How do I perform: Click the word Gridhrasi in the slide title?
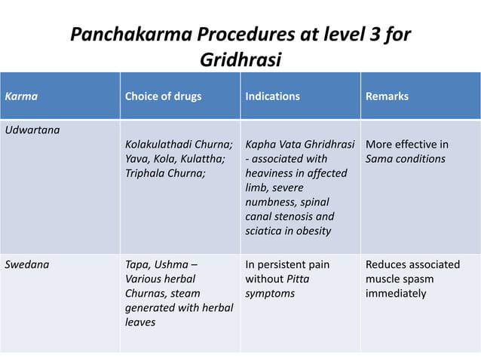(x=240, y=58)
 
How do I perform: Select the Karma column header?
(x=22, y=96)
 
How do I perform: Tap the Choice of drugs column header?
(x=163, y=96)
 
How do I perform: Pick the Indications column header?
(x=272, y=96)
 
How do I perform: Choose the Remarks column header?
(x=387, y=96)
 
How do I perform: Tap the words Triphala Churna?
(x=163, y=173)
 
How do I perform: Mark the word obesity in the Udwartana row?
(x=309, y=230)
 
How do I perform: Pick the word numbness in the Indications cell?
(x=269, y=202)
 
